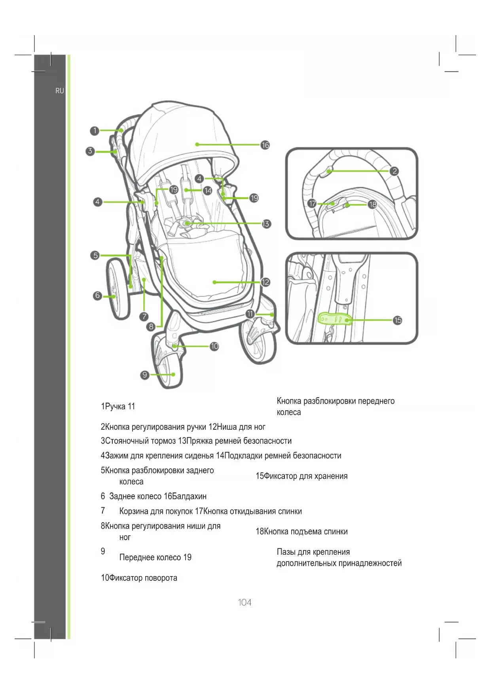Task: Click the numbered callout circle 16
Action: [x=265, y=145]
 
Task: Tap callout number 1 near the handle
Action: [x=94, y=131]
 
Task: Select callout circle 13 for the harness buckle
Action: [x=266, y=224]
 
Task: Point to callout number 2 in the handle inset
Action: [x=394, y=171]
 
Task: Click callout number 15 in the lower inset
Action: [x=398, y=320]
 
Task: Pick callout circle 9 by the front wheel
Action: [x=145, y=375]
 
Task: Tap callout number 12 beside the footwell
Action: [x=265, y=282]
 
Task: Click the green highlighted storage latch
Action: [x=335, y=319]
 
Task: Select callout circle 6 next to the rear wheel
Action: [x=97, y=296]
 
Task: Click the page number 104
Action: [x=245, y=602]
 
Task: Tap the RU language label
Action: [x=59, y=91]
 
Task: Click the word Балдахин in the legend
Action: [x=190, y=496]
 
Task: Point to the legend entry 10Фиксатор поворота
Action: [x=139, y=578]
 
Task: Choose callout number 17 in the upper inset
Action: [x=312, y=203]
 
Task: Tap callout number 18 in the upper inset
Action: [x=372, y=204]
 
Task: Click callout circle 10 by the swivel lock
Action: [x=214, y=346]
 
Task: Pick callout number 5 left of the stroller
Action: [x=95, y=255]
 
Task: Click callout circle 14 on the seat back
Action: [x=208, y=190]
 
